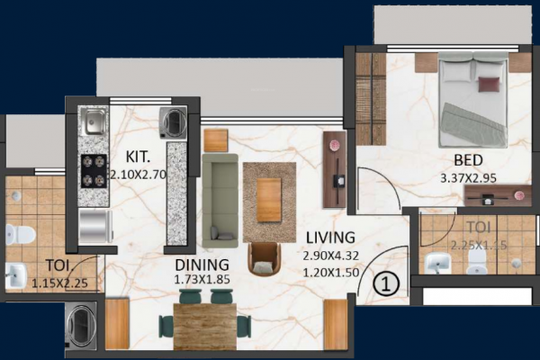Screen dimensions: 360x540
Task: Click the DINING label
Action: point(202,265)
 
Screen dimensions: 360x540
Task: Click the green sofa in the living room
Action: point(220,198)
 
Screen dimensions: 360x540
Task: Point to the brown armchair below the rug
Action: point(265,259)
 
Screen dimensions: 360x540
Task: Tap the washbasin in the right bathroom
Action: point(438,263)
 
